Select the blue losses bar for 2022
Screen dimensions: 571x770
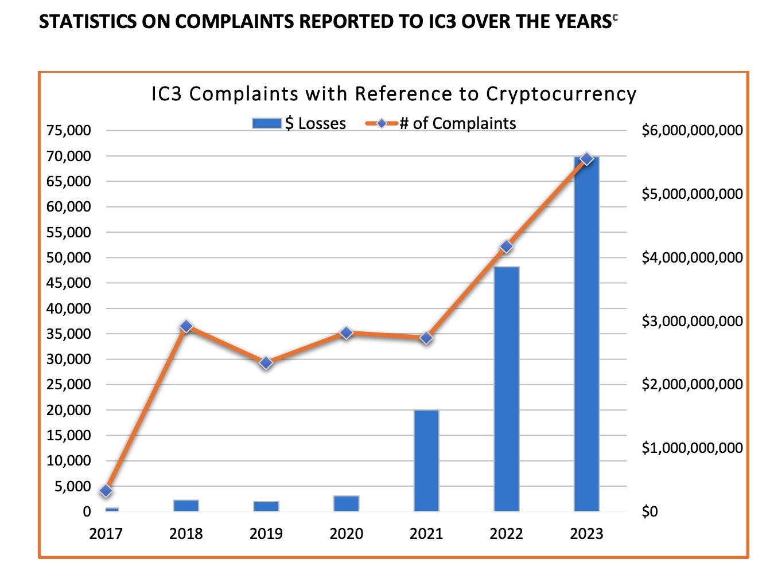506,390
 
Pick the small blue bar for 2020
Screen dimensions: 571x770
346,503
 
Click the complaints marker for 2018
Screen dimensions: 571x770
186,327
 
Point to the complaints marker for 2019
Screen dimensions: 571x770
266,363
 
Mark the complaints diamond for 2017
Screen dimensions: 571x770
106,491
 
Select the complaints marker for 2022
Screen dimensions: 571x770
506,247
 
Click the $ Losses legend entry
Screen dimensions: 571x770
300,123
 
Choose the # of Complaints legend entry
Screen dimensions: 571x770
442,123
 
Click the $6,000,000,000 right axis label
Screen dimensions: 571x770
692,131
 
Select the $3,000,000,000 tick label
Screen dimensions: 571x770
692,321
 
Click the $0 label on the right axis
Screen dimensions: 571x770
650,511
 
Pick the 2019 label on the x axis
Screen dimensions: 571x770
266,534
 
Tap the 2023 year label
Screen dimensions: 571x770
586,534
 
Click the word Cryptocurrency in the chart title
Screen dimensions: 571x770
561,94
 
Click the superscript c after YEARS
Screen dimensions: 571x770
615,17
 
